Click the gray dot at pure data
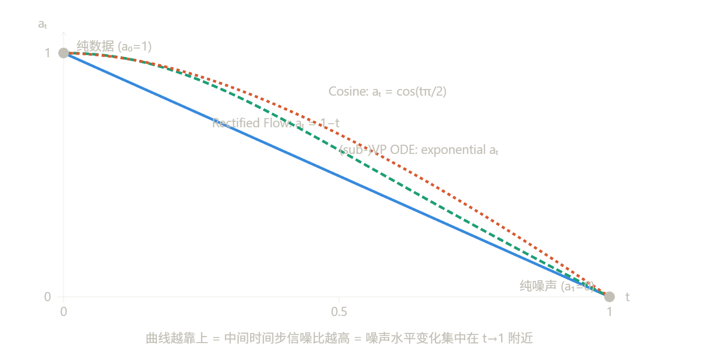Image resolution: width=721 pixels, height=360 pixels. click(63, 53)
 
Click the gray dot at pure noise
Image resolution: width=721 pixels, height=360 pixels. click(609, 297)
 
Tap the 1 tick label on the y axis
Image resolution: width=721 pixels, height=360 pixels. click(48, 53)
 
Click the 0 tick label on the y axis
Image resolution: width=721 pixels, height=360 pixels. click(48, 297)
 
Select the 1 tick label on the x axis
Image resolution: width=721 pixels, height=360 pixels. click(609, 311)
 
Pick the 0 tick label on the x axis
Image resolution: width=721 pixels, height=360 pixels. click(63, 311)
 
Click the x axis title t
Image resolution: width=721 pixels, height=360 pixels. click(627, 297)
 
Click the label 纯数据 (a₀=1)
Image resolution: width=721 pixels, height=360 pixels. click(114, 47)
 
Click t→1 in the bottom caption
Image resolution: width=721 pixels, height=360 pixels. click(494, 338)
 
